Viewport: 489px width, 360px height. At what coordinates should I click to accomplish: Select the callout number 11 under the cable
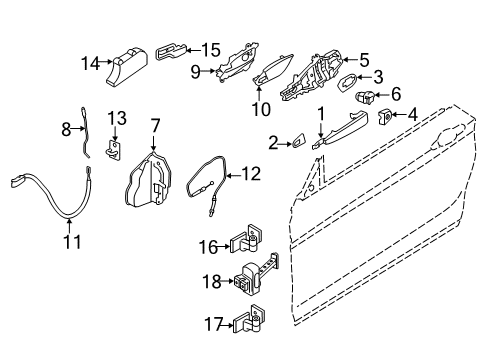tap(68, 240)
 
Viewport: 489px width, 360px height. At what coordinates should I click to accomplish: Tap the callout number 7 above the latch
tap(154, 125)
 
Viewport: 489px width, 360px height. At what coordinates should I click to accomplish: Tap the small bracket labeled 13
tap(115, 149)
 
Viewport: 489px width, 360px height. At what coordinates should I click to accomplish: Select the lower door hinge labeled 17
tap(249, 321)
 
